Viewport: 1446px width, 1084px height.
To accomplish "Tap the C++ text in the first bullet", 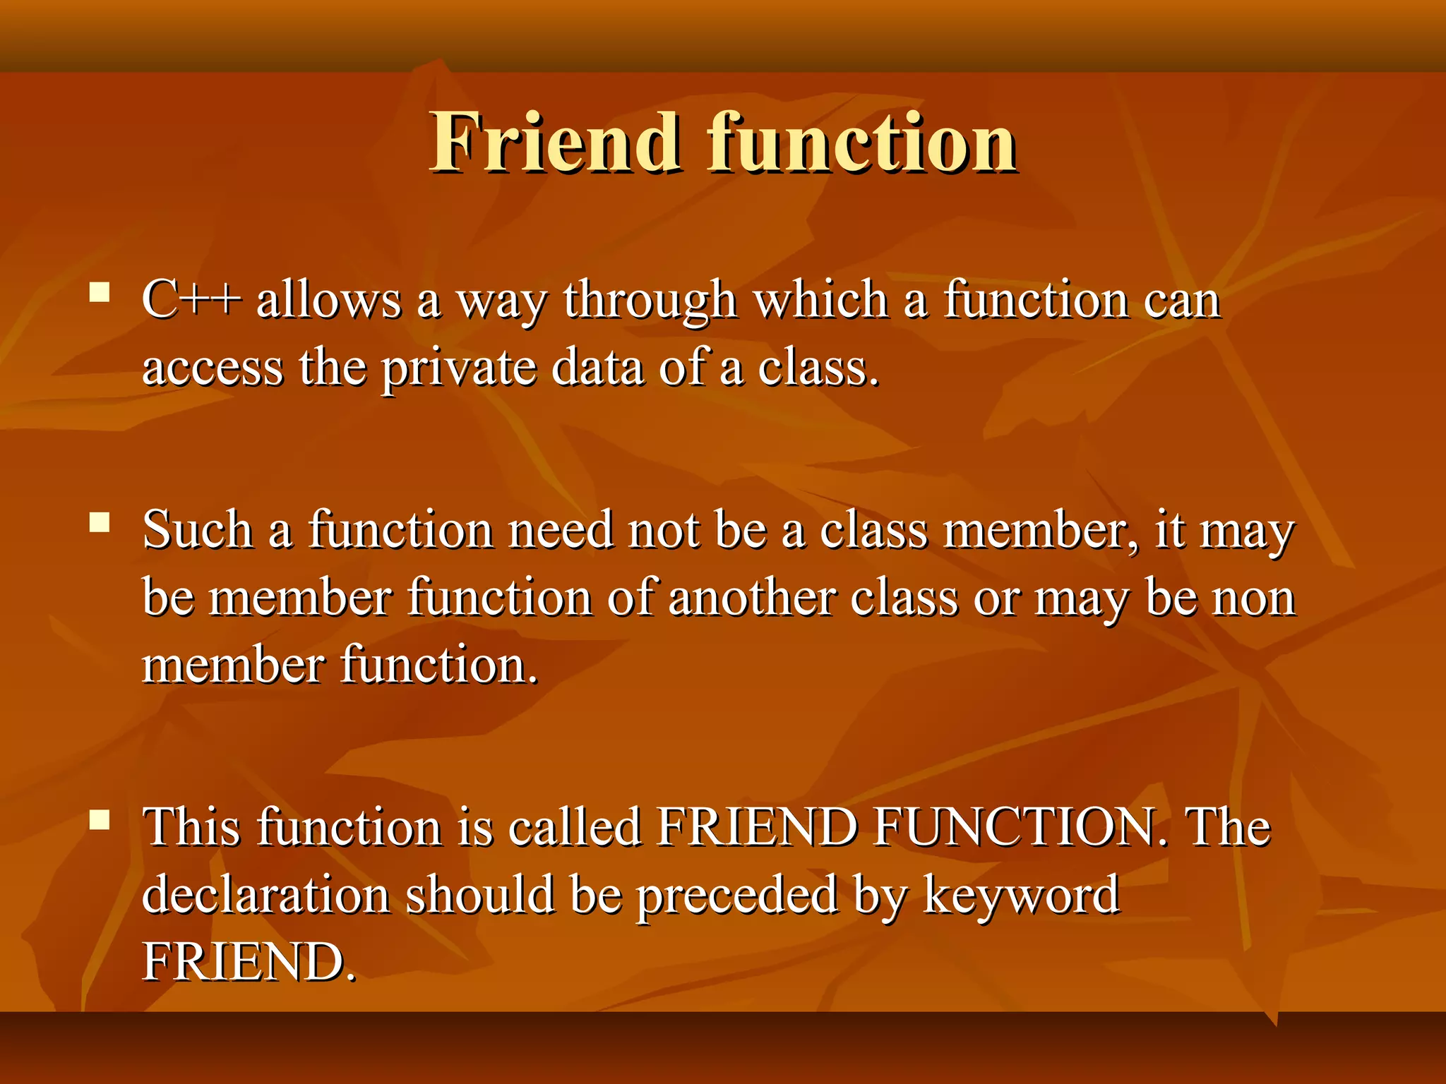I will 191,301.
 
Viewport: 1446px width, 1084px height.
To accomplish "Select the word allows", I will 328,301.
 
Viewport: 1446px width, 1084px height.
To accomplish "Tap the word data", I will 597,368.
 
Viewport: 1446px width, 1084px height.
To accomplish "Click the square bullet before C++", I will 100,292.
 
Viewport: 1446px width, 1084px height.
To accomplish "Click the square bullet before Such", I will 100,522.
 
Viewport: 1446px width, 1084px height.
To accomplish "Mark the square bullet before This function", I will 100,819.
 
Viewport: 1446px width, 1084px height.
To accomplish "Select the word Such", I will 198,529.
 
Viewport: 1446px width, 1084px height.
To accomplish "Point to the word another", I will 751,598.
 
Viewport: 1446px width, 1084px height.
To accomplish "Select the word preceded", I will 738,896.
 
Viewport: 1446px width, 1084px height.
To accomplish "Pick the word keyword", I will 1021,896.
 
